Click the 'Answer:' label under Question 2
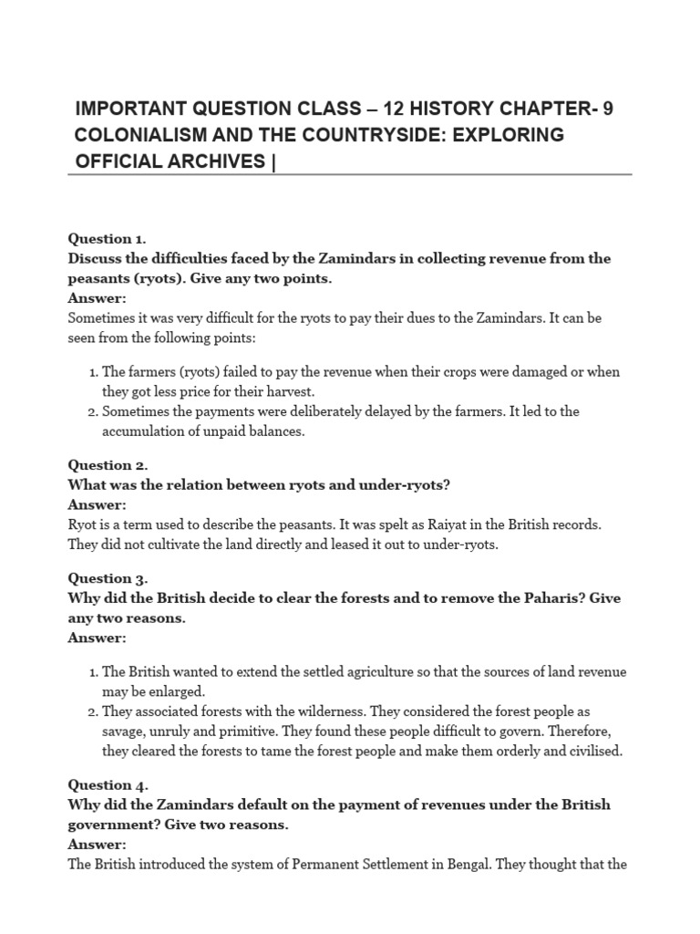tap(97, 505)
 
